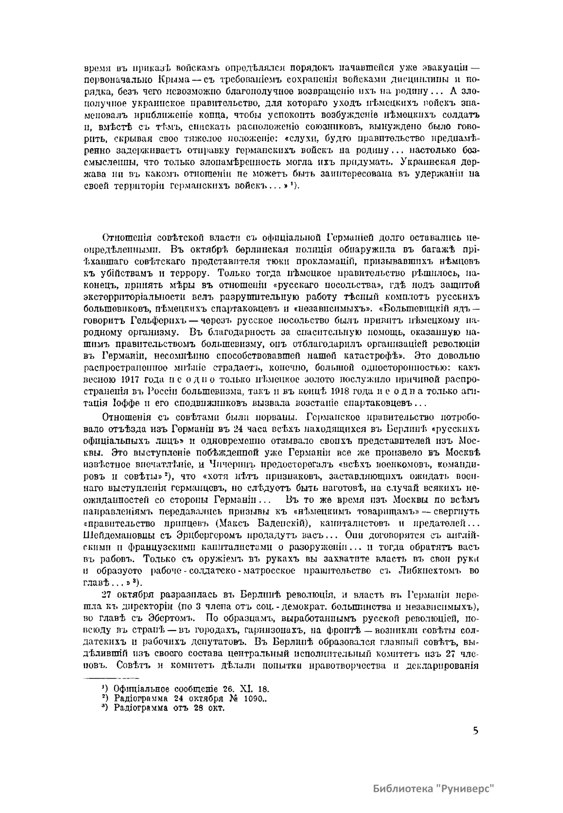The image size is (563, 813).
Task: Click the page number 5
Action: tap(476, 730)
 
